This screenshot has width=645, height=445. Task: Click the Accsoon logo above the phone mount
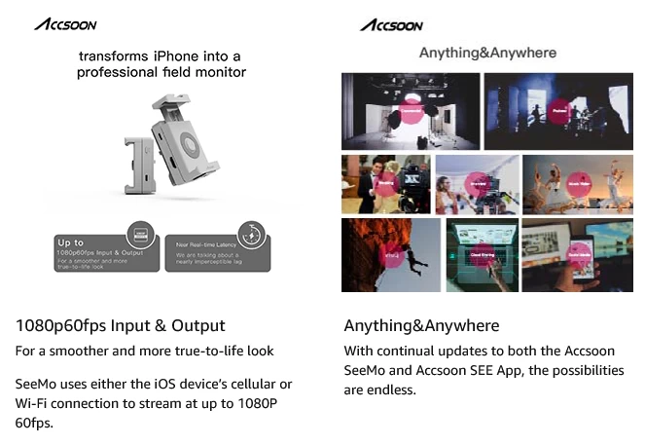[x=65, y=23]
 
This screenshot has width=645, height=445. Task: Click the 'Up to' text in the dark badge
[x=73, y=242]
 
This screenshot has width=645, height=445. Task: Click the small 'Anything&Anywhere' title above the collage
[x=487, y=53]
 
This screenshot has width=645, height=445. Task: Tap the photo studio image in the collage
[x=411, y=111]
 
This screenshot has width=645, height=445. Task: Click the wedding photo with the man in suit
[x=384, y=184]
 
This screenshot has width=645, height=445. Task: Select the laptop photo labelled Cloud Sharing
[x=482, y=255]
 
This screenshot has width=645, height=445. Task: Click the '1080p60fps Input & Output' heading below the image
[x=121, y=325]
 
